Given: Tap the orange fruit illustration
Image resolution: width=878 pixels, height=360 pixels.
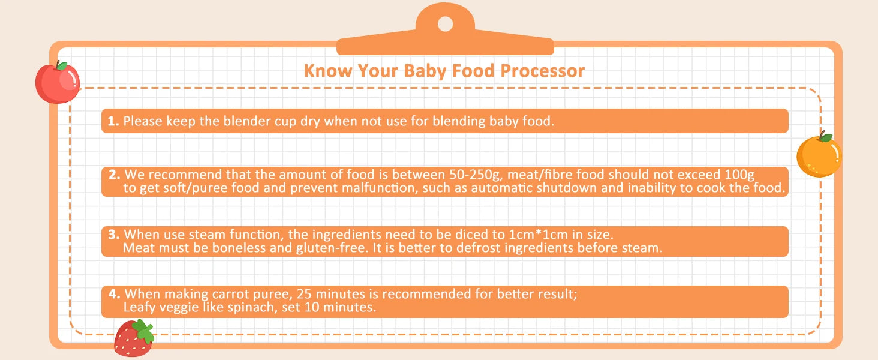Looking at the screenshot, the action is click(819, 155).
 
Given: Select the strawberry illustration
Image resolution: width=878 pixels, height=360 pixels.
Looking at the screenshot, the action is click(134, 338).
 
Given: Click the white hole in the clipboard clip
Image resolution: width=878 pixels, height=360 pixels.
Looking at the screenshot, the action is click(445, 24).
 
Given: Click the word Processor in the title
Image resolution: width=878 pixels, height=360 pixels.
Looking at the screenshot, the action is click(543, 71).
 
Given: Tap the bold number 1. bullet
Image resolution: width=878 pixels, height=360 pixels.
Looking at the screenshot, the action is click(113, 121).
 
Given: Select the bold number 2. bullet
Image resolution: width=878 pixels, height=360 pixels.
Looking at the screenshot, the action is click(114, 174).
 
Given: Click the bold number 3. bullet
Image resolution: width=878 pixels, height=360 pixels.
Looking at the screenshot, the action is click(114, 234).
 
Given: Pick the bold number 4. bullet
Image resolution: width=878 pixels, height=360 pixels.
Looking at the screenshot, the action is click(114, 294).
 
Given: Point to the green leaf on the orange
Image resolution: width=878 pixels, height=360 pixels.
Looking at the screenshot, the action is click(825, 137).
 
